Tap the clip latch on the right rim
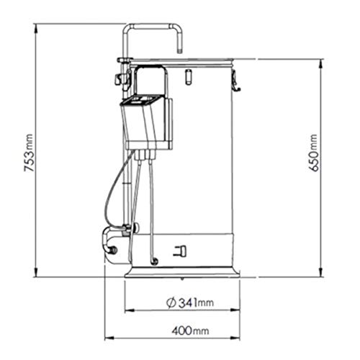(x=238, y=84)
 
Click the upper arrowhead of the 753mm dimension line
(x=37, y=26)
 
